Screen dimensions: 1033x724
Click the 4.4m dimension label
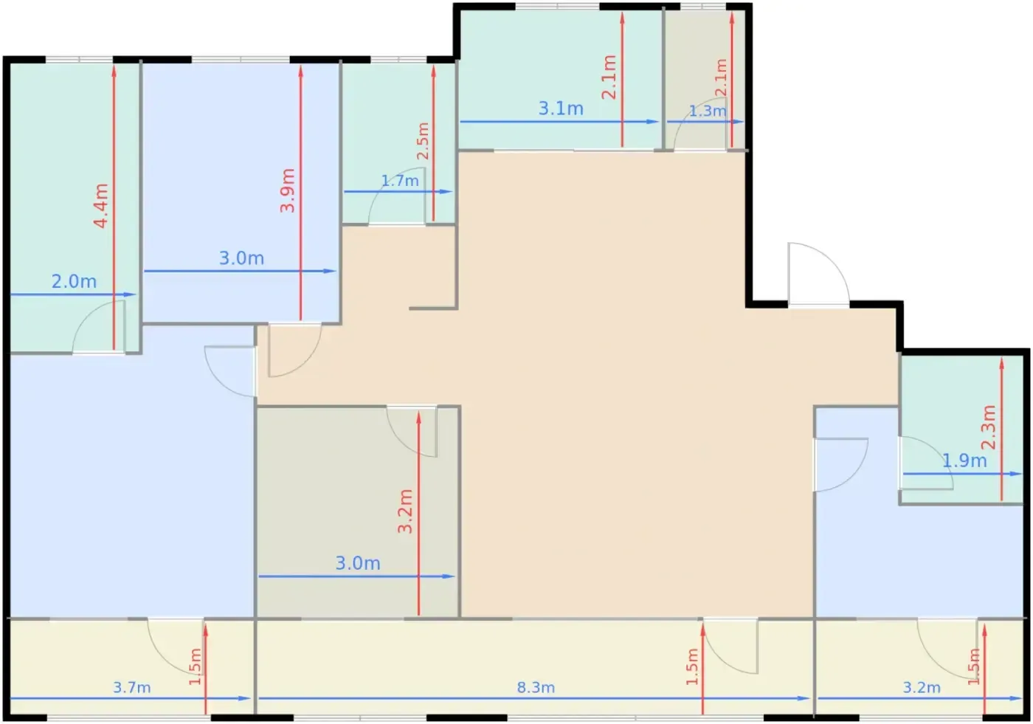click(x=101, y=206)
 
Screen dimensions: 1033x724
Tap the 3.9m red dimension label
click(x=287, y=190)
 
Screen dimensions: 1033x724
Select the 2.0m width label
click(x=74, y=281)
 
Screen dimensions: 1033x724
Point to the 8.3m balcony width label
click(x=536, y=688)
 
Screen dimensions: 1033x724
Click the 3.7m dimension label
click(x=132, y=688)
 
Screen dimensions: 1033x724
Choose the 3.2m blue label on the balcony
click(x=922, y=688)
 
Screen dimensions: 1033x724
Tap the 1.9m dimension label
click(x=964, y=461)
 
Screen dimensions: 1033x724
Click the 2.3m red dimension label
click(x=988, y=427)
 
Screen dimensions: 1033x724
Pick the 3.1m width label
click(x=562, y=108)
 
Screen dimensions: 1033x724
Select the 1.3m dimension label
click(x=708, y=111)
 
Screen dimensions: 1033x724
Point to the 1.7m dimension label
click(x=400, y=182)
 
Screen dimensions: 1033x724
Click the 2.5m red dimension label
click(x=423, y=141)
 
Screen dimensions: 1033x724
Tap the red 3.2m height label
click(x=405, y=511)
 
